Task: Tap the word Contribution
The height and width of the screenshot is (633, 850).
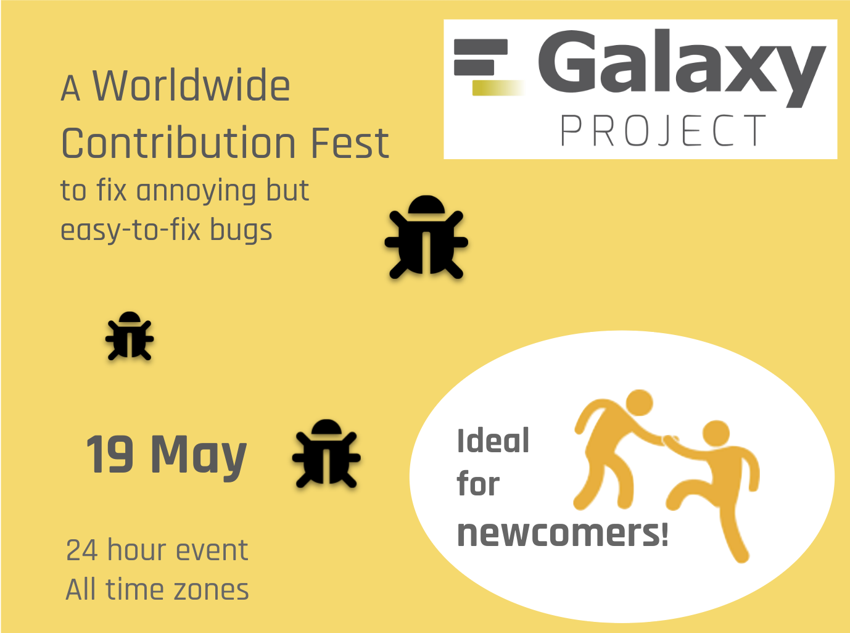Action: tap(178, 143)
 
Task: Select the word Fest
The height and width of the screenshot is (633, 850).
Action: tap(350, 143)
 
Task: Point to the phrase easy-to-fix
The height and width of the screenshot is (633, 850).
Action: tap(131, 230)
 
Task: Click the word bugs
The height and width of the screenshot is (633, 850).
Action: tap(241, 231)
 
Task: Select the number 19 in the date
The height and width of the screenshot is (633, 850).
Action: tap(110, 453)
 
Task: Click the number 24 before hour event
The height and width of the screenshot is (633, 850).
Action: tap(81, 550)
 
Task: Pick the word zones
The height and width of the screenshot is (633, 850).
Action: tap(211, 590)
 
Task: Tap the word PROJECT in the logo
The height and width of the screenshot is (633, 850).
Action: tap(663, 130)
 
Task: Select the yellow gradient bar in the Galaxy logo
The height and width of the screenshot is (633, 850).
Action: tap(498, 88)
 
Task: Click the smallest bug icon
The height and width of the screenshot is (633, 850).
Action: tap(130, 336)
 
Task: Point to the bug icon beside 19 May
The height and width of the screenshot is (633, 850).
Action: tap(326, 453)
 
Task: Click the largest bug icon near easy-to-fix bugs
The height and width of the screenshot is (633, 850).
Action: tap(426, 237)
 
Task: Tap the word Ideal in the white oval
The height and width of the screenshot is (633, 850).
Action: tap(493, 441)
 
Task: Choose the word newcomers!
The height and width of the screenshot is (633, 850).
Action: tap(563, 533)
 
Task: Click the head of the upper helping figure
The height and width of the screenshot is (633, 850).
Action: tap(639, 403)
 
